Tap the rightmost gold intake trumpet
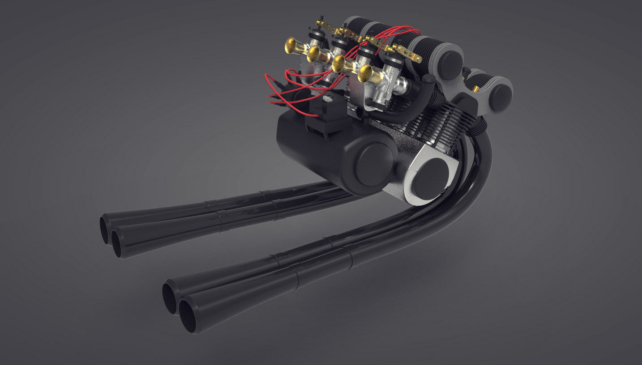pos(367,72)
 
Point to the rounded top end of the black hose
pos(428,80)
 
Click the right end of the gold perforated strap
pos(416,58)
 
